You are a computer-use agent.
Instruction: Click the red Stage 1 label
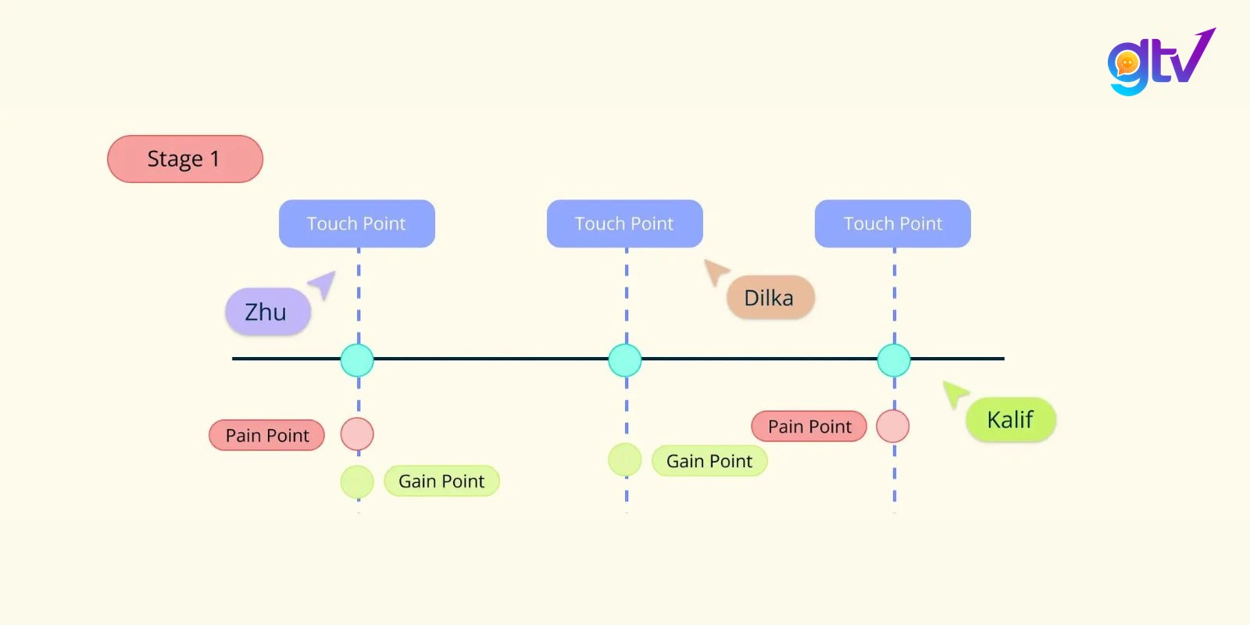pos(184,159)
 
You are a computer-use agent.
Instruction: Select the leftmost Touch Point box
pos(357,223)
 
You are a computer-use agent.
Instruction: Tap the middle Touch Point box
pos(625,223)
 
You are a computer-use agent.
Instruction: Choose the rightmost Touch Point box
pos(893,223)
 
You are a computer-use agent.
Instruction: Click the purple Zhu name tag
pos(268,312)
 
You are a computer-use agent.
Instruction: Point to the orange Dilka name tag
pos(770,298)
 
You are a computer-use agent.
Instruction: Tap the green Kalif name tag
pos(1011,420)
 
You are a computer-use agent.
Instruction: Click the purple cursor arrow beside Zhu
pos(324,284)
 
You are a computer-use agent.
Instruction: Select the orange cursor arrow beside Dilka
pos(716,271)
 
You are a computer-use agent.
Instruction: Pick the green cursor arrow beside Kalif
pos(954,393)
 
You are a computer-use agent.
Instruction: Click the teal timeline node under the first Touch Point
pos(357,360)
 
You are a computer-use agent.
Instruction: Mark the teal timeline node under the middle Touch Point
pos(625,360)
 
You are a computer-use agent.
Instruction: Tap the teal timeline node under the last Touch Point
pos(894,360)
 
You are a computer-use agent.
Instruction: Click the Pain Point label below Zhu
pos(266,435)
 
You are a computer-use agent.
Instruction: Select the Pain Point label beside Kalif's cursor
pos(809,427)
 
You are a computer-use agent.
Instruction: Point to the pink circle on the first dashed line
pos(357,434)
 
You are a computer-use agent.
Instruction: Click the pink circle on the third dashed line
pos(893,426)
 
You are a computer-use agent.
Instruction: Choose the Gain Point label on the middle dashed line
pos(710,461)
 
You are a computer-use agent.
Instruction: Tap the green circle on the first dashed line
pos(357,481)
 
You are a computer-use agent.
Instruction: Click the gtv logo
pos(1161,62)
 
